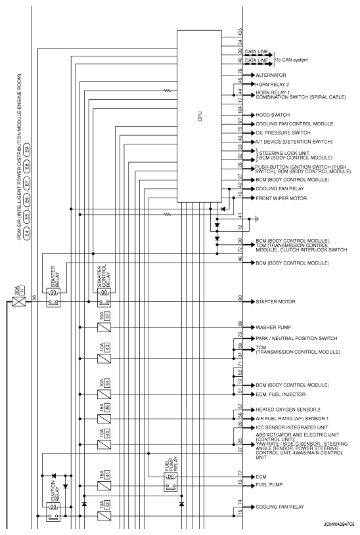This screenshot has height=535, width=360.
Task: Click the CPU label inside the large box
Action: pos(200,116)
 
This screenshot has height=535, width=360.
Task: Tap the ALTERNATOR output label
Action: pos(271,75)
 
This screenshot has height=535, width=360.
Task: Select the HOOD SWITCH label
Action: pos(273,115)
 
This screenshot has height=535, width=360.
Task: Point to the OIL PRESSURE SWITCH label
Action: pos(282,133)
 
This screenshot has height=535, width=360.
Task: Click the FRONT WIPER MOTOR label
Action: pos(281,198)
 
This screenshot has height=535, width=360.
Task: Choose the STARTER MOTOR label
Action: pos(275,301)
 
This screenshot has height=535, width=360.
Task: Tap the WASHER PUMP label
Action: pos(273,327)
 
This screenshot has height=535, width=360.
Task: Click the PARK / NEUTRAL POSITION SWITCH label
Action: pos(296,339)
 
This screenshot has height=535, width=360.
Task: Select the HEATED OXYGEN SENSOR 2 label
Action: pos(288,410)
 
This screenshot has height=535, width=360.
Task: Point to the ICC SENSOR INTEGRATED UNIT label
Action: pos(292,427)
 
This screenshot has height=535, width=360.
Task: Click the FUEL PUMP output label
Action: pos(269,485)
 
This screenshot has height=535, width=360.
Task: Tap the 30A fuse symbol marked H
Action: pos(19,301)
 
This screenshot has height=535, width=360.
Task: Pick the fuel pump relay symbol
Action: pos(171,482)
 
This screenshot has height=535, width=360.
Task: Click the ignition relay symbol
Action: pos(53,511)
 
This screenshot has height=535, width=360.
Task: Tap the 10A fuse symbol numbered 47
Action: pos(104,328)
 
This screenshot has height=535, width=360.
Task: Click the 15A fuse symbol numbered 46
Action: pos(104,419)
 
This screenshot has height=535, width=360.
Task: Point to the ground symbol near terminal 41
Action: pos(257,219)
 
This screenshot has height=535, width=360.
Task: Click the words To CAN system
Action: pos(292,60)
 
